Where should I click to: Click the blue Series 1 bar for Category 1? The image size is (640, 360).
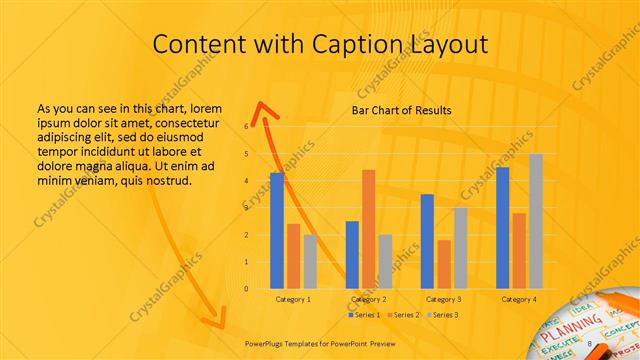(x=277, y=231)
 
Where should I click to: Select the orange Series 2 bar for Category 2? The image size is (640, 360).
(x=368, y=229)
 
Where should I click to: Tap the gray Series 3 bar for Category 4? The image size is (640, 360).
(x=536, y=221)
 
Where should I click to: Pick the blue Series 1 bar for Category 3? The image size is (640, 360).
(x=427, y=241)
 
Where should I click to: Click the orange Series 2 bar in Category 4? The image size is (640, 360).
(x=519, y=251)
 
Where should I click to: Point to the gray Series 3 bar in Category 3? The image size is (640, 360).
(x=461, y=248)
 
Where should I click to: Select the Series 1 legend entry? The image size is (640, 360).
(x=365, y=315)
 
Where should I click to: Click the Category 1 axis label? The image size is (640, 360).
(x=293, y=299)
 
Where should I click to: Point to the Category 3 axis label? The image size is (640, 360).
(x=443, y=299)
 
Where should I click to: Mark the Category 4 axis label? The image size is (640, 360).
(x=518, y=299)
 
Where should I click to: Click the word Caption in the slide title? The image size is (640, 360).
(x=358, y=45)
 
